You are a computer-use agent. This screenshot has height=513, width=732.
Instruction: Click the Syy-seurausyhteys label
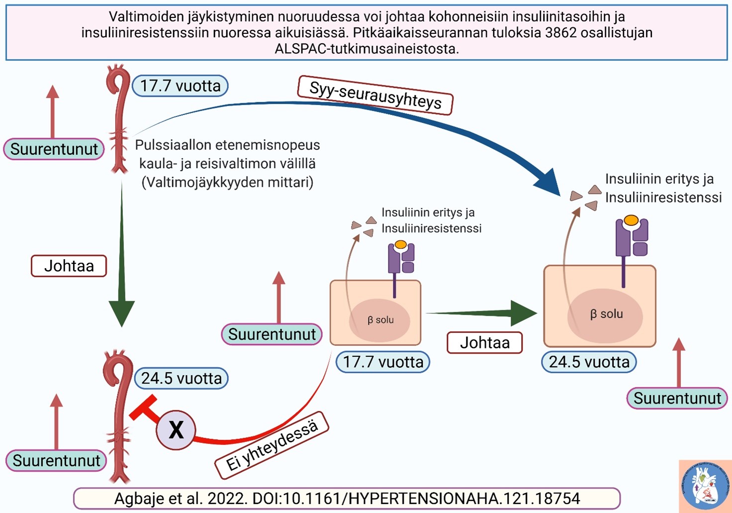tap(375, 95)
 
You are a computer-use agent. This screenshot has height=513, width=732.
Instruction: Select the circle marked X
tap(176, 430)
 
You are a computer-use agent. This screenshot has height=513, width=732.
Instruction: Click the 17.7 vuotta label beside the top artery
tap(180, 86)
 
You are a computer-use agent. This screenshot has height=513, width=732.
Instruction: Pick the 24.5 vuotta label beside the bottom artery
tap(182, 378)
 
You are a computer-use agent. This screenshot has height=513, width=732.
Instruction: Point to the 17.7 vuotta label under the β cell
tap(383, 362)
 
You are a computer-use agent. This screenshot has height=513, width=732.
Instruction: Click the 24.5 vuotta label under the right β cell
tap(589, 362)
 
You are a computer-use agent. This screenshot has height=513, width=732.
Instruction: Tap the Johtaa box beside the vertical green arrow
tap(69, 266)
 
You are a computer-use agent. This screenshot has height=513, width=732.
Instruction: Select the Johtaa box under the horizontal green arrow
tap(484, 343)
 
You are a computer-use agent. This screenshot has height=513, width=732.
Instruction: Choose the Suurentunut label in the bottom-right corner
tap(677, 399)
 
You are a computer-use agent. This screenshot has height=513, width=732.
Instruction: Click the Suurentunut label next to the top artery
tap(54, 149)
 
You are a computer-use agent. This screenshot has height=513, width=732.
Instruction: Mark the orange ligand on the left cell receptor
tap(401, 245)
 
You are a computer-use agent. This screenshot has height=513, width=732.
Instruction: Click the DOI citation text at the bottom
tap(347, 499)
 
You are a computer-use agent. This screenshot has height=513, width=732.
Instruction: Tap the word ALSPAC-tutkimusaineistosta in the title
tap(366, 49)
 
